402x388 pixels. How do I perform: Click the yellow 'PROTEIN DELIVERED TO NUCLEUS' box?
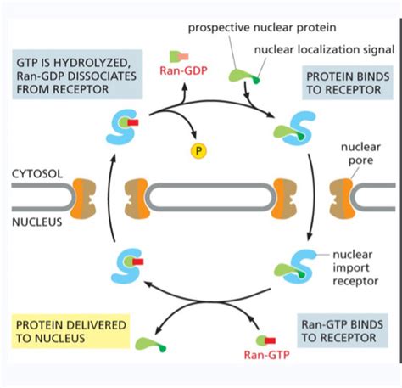[70, 333]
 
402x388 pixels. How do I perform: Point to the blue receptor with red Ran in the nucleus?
[124, 264]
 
